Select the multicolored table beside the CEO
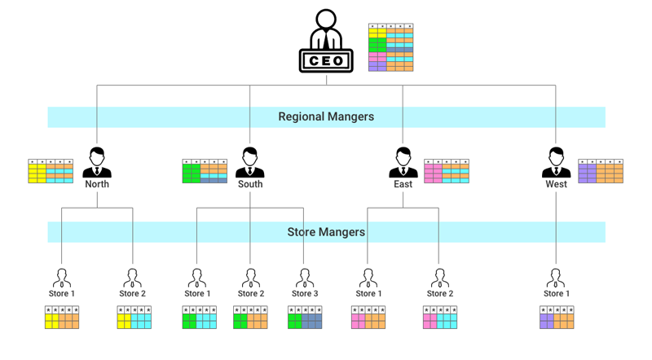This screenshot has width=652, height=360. (x=390, y=48)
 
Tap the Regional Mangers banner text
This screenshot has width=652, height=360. (x=326, y=116)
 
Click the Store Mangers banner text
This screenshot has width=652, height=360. (x=326, y=232)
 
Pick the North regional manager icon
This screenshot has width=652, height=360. (x=97, y=162)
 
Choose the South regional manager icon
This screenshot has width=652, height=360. (x=250, y=162)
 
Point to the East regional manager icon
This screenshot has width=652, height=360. (x=403, y=162)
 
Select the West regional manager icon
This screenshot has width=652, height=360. (x=556, y=162)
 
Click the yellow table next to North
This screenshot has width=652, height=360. (x=51, y=171)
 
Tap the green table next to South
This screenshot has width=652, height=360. (x=205, y=171)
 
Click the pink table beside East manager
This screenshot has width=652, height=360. (x=447, y=171)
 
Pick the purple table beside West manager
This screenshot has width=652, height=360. (x=601, y=171)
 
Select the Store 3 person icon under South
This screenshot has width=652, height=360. (x=302, y=277)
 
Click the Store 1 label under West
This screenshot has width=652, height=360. (x=556, y=293)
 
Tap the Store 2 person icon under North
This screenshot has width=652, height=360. (x=132, y=277)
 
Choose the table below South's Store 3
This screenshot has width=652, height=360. (x=305, y=318)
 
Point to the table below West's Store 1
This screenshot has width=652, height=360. (x=557, y=318)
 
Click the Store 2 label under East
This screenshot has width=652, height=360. (x=438, y=293)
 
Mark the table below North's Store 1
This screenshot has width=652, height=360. (x=62, y=318)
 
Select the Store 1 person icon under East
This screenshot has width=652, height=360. (x=367, y=277)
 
